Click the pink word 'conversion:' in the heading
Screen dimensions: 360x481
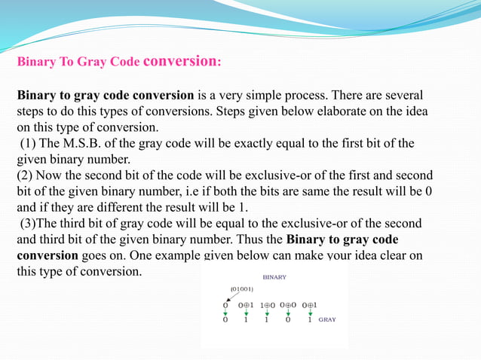pyautogui.click(x=182, y=61)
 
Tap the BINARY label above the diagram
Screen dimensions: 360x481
pyautogui.click(x=274, y=277)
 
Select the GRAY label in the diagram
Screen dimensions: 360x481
pyautogui.click(x=326, y=319)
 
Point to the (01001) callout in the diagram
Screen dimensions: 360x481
pyautogui.click(x=241, y=289)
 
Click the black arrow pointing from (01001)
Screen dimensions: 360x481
pyautogui.click(x=229, y=297)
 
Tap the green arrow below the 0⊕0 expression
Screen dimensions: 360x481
pyautogui.click(x=288, y=312)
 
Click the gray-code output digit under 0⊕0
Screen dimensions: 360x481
pyautogui.click(x=288, y=319)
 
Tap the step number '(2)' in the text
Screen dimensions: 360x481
pyautogui.click(x=26, y=175)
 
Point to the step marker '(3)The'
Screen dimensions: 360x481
pyautogui.click(x=41, y=223)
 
